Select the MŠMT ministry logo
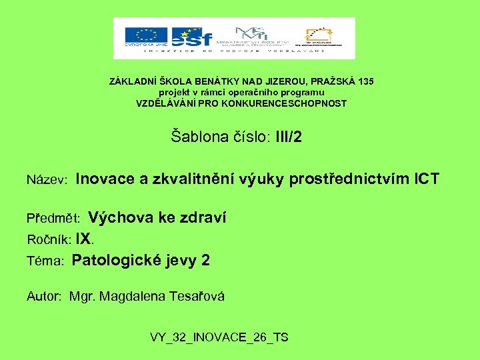coord(259,36)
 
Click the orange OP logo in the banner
coord(323,36)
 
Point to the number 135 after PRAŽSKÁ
coord(365,81)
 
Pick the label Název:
coord(47,180)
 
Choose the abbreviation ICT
coord(427,179)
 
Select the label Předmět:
coord(53,219)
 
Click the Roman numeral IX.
coord(84,239)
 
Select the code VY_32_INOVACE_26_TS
coord(219,337)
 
